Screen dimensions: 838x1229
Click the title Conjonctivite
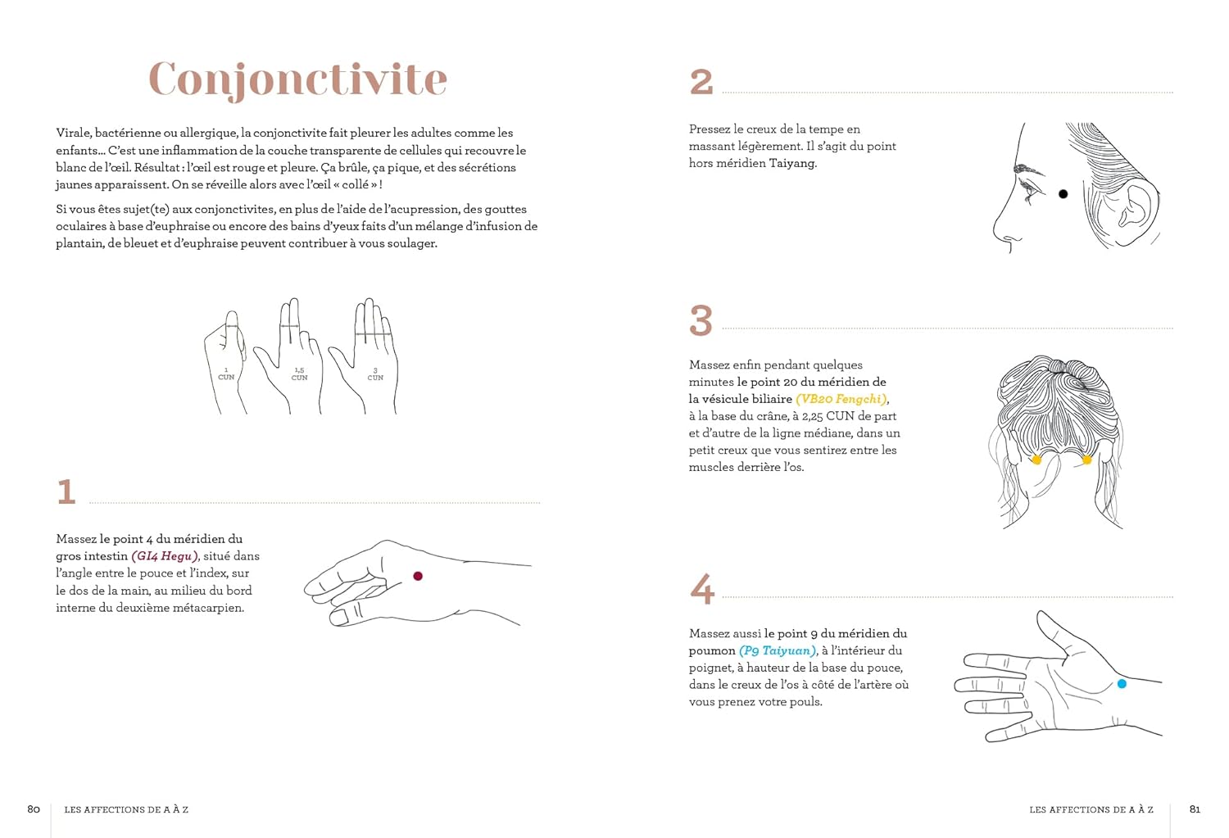click(297, 79)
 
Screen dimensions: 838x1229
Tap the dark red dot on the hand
click(418, 577)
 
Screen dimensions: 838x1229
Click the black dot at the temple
click(1063, 194)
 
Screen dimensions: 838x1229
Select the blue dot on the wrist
click(1122, 683)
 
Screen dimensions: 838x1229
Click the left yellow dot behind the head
click(1036, 460)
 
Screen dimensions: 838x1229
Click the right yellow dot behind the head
click(1086, 460)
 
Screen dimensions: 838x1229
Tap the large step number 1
click(66, 492)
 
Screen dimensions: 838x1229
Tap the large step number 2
click(701, 82)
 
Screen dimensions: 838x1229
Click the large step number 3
click(701, 320)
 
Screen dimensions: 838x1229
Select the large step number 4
click(702, 589)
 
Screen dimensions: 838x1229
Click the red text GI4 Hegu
click(165, 556)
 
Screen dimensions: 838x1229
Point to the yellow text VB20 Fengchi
click(841, 399)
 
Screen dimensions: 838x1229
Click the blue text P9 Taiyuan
click(778, 650)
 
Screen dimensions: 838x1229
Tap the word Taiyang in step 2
click(792, 163)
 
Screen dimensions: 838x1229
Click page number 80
click(34, 809)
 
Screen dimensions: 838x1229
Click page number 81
click(1195, 809)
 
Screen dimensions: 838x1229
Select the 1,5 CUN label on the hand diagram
click(299, 374)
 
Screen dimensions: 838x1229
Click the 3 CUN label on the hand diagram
click(375, 374)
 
